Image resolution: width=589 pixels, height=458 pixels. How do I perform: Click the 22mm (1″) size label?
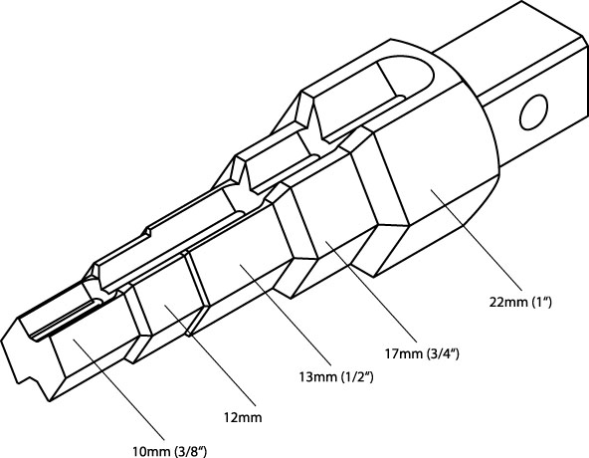point(520,302)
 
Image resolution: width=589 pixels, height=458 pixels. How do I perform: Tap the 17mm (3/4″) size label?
point(422,353)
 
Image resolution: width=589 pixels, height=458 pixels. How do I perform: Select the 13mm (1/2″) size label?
point(336,376)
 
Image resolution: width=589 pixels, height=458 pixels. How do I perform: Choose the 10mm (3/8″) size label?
point(169,451)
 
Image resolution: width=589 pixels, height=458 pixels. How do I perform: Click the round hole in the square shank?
point(533,113)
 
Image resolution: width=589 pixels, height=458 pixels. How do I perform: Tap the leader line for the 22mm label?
point(477,240)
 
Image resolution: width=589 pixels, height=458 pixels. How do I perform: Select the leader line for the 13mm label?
point(286,315)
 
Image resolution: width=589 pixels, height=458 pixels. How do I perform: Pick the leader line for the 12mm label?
point(210,355)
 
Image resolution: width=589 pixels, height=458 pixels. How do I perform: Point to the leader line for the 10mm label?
point(118,389)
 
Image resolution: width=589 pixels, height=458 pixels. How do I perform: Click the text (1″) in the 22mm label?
point(542,303)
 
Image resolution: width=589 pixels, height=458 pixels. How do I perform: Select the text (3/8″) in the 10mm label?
point(191,451)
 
